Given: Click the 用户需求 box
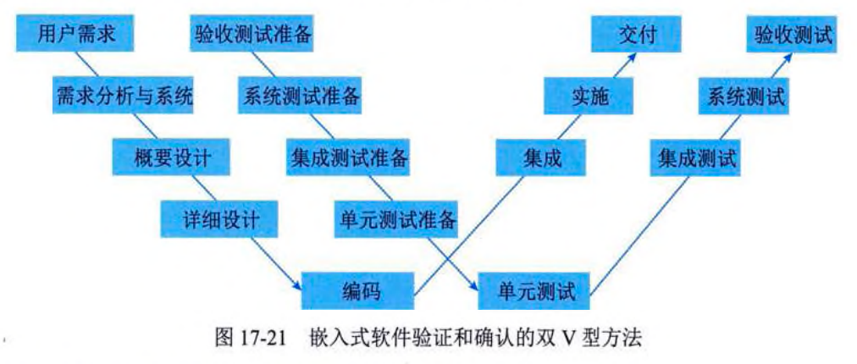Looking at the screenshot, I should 75,36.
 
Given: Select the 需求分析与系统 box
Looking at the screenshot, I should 123,97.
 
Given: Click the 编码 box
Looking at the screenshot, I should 361,292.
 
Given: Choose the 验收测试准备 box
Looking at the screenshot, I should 253,36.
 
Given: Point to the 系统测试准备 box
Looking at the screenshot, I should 301,97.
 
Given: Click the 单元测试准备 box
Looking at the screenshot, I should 396,220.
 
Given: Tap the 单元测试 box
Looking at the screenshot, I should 535,292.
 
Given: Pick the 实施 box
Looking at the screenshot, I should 590,97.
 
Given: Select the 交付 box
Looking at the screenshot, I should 637,36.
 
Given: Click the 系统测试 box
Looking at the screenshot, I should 746,97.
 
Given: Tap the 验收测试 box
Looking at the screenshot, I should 794,36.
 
